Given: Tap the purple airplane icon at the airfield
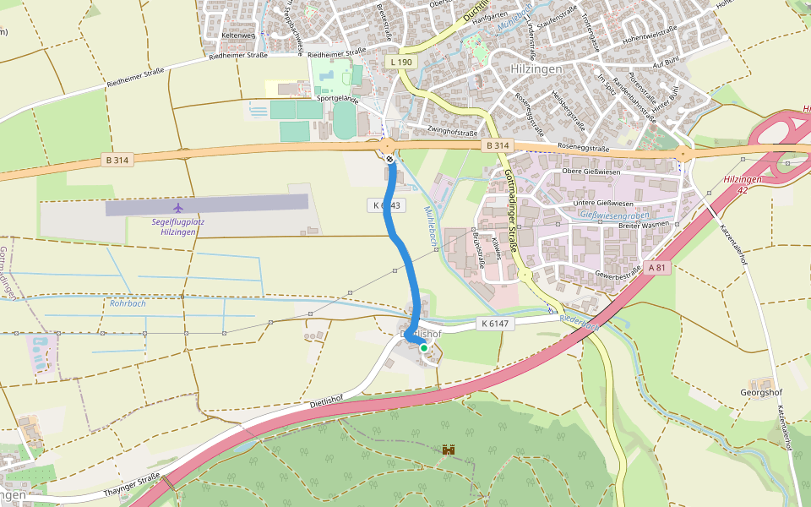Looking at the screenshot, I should click(177, 207).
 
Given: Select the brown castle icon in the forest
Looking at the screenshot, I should click(449, 450).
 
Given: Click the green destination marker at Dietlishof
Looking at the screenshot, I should click(424, 347).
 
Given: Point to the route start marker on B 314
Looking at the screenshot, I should click(389, 158).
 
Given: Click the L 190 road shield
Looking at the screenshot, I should click(402, 63).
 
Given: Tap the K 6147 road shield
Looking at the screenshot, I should click(495, 323).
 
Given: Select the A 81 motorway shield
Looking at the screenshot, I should click(659, 268).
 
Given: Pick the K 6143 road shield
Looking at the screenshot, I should click(387, 205).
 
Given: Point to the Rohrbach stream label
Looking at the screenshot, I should click(128, 303).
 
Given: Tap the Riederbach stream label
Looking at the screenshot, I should click(579, 322).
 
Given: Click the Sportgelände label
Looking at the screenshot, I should click(338, 99).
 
